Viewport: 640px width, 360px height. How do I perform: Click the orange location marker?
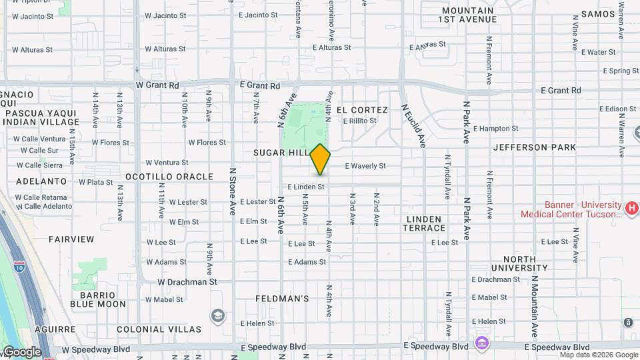[x=320, y=159]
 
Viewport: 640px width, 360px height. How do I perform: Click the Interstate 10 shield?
[x=19, y=267]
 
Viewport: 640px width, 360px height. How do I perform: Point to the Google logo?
[x=21, y=352]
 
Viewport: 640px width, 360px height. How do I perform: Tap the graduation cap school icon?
[x=217, y=315]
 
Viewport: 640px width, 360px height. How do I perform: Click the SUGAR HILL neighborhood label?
[x=281, y=153]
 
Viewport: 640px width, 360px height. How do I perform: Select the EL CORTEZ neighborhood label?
[x=362, y=109]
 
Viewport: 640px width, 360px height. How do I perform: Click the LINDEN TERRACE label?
[x=423, y=223]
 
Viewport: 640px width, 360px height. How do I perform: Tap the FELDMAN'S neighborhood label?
[x=282, y=299]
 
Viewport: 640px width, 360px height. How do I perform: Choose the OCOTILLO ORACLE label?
[x=169, y=177]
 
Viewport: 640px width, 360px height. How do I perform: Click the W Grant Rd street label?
[x=157, y=85]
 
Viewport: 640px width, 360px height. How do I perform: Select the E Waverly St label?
[x=365, y=166]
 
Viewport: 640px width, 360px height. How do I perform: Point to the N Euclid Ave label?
[x=413, y=125]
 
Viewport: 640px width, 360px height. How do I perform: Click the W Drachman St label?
[x=187, y=282]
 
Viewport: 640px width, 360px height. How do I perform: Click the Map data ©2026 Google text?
[x=598, y=355]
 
